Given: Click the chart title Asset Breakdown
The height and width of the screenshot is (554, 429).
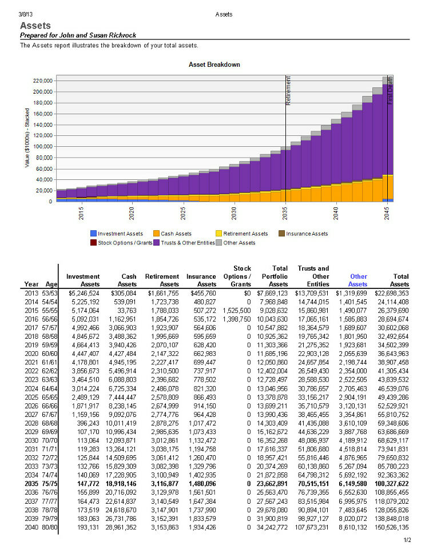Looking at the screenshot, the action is click(x=214, y=65).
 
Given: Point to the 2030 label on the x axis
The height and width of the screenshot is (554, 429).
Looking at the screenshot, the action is click(x=234, y=214).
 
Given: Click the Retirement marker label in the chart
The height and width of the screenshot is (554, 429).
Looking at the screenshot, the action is click(x=288, y=90).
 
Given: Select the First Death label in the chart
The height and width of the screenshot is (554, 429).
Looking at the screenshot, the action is click(x=390, y=90).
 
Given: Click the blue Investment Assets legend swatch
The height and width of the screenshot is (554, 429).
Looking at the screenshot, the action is click(x=93, y=234).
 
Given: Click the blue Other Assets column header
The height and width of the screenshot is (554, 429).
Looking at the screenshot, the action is click(x=357, y=280).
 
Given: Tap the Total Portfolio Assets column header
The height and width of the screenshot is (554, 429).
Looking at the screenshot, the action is click(x=275, y=276).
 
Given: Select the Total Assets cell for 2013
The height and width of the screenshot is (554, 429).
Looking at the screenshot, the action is click(x=391, y=293).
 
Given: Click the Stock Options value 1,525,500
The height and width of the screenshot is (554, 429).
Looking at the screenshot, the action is click(x=236, y=311).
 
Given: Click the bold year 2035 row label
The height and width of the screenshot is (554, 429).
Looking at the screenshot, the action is click(x=31, y=484).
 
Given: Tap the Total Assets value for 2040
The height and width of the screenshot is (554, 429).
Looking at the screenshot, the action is click(x=391, y=528).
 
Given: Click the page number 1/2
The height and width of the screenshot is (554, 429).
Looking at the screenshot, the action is click(x=407, y=540).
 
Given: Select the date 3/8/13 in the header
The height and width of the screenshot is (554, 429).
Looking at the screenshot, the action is click(x=25, y=14).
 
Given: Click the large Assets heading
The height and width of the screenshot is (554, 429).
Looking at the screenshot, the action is click(x=35, y=26).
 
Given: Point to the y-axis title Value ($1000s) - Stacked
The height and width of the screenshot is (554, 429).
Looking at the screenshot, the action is click(x=27, y=138).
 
